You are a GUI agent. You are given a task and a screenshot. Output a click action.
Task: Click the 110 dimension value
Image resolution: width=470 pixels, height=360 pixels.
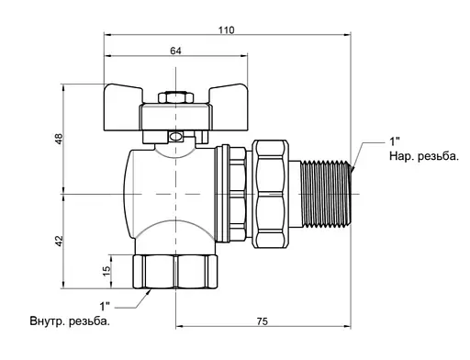pos(227,30)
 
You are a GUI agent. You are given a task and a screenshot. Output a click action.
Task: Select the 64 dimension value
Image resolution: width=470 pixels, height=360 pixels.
pos(175,51)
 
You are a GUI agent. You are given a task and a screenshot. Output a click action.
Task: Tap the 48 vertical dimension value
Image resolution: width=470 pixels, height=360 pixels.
pos(59,139)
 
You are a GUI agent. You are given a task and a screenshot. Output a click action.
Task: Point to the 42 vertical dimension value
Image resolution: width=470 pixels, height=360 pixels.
pos(59,241)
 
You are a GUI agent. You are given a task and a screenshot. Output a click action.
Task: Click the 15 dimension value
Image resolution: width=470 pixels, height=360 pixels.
pos(106,271)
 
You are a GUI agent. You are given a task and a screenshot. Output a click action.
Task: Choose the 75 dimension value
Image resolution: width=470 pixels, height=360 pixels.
pos(263,321)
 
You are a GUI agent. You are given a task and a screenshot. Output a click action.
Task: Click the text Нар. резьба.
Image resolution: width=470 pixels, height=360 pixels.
pos(424,156)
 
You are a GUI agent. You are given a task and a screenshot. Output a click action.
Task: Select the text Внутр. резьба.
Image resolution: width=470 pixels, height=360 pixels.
pos(70,321)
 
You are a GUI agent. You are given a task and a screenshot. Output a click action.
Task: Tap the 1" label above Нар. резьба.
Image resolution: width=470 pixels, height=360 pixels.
pos(395,141)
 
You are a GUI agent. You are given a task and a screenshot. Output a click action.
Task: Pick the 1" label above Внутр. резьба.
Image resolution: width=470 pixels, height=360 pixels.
pos(105,306)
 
